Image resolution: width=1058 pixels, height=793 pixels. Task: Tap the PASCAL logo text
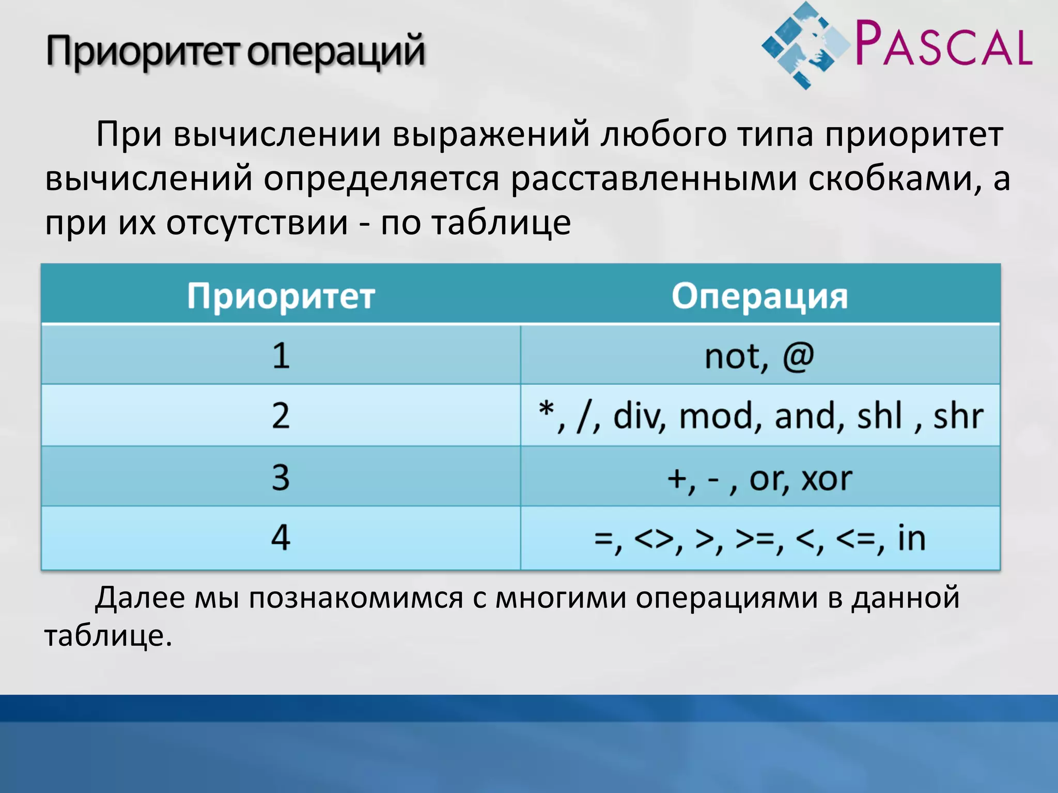click(943, 44)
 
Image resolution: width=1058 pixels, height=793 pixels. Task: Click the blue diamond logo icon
click(806, 45)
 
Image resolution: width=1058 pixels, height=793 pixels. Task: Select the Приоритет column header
click(281, 296)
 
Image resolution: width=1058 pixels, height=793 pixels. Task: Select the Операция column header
click(759, 296)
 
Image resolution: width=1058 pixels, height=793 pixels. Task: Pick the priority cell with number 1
click(281, 356)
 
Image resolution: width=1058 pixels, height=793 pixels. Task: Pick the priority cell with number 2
click(281, 416)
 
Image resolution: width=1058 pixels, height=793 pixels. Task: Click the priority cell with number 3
click(281, 477)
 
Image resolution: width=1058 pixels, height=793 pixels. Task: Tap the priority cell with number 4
click(281, 538)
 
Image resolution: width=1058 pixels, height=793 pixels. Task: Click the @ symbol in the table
click(798, 356)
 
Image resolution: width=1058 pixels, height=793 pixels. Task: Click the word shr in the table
click(957, 416)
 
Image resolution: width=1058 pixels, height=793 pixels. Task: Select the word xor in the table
click(826, 478)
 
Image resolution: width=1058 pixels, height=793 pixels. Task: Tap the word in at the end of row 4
click(911, 538)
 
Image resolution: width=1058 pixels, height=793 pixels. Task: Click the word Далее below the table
click(140, 598)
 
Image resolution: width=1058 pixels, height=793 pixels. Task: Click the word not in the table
click(733, 356)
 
